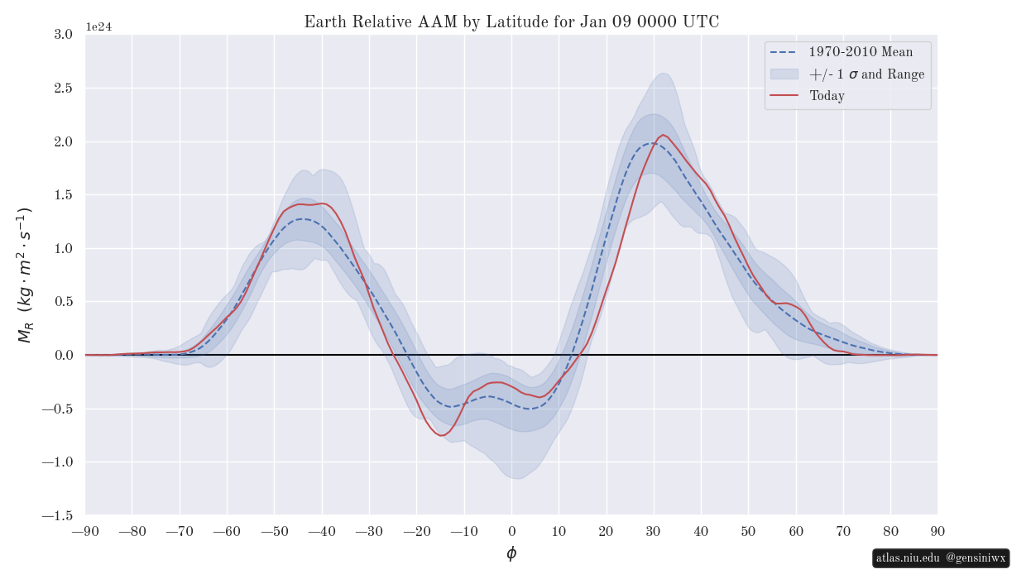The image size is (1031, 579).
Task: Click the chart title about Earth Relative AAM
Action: [x=511, y=22]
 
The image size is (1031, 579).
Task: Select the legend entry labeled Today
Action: [x=827, y=96]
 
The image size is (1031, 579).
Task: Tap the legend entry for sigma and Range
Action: [x=866, y=74]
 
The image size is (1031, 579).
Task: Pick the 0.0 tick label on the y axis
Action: [x=63, y=355]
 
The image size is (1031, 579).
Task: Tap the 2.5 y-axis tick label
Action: [x=63, y=88]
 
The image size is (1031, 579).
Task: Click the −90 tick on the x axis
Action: [x=85, y=531]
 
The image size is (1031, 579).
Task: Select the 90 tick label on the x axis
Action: [x=937, y=531]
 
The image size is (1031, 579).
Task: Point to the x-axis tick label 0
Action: [x=511, y=531]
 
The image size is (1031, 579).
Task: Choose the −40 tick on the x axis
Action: [x=322, y=531]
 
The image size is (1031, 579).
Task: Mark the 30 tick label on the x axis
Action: [x=654, y=531]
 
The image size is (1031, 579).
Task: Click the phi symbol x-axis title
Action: [x=511, y=553]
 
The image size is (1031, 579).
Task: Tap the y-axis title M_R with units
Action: [x=24, y=275]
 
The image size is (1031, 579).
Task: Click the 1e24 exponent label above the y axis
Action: [x=98, y=27]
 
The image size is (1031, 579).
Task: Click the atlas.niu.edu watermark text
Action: [x=908, y=558]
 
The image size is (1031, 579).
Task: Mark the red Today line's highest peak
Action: [x=663, y=135]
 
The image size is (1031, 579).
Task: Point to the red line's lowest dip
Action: [x=443, y=435]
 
